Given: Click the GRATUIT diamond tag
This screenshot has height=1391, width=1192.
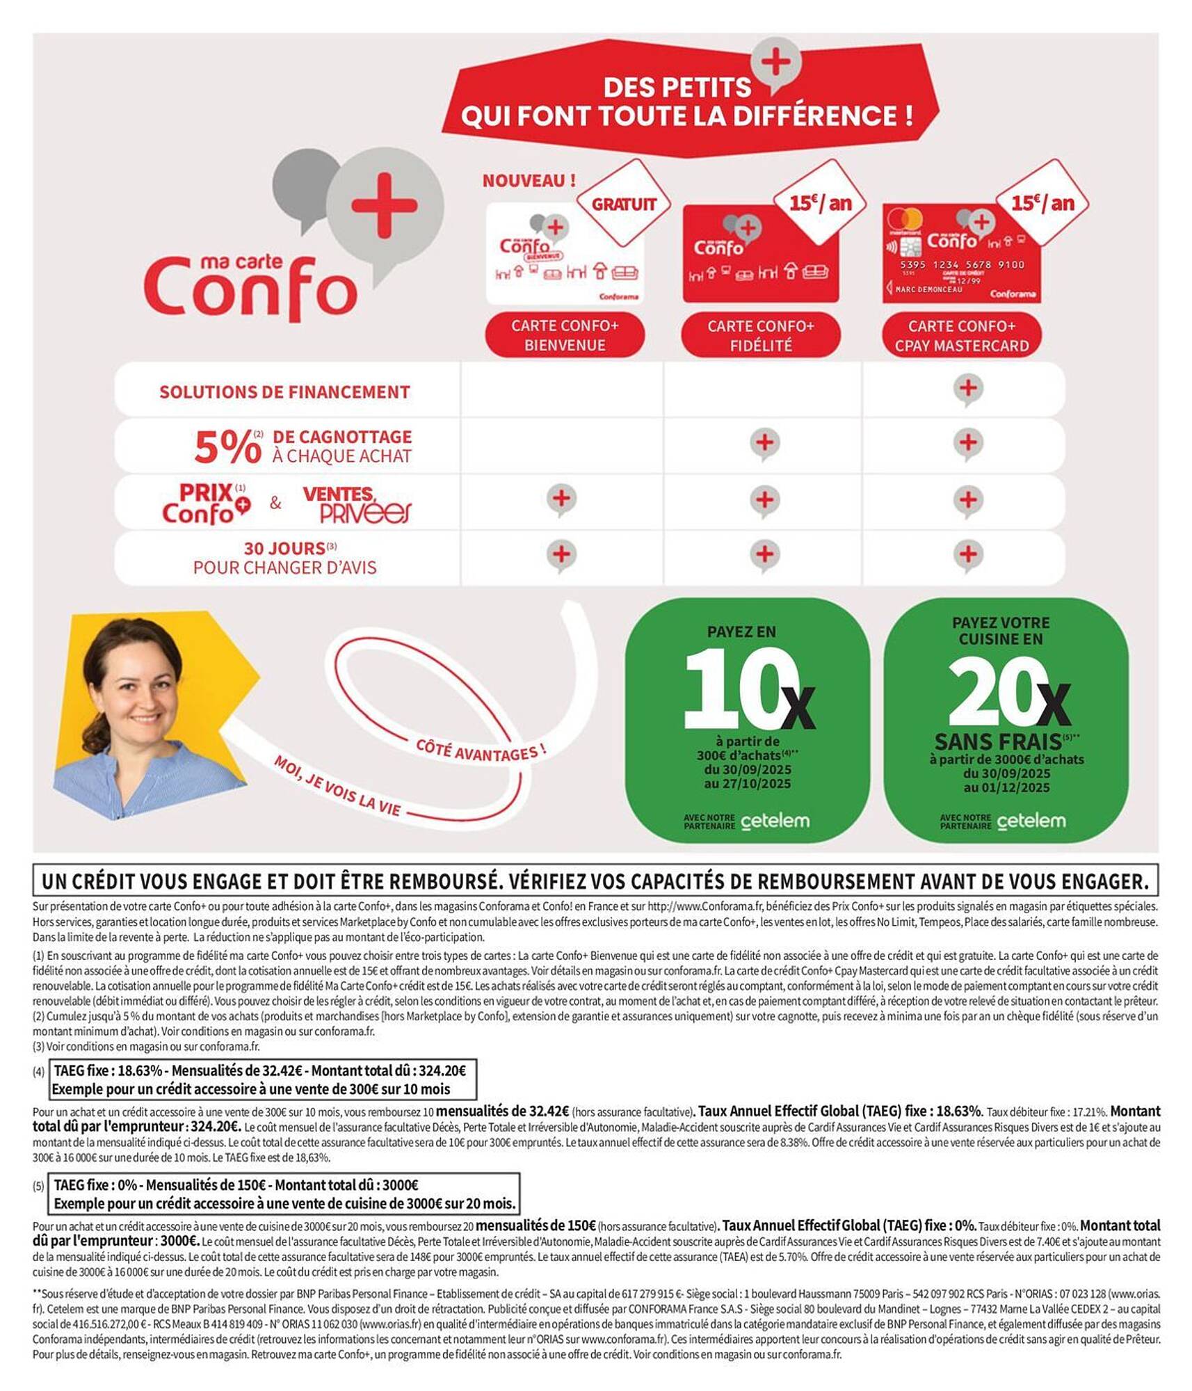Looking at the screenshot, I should coord(623,204).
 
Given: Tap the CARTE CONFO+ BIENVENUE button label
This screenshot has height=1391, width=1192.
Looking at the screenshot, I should coord(565,335).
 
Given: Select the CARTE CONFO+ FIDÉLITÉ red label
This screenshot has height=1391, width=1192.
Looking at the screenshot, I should coord(761,335).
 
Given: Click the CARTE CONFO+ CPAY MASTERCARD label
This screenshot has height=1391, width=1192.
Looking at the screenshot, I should coord(962,335).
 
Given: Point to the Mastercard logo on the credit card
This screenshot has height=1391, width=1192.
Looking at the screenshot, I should coord(905,220).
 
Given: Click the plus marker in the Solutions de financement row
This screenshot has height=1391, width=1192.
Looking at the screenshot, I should coord(968,388).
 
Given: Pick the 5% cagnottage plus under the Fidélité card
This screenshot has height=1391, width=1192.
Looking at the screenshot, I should coord(764,443).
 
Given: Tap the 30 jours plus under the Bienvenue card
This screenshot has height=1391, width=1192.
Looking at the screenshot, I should coord(561,555).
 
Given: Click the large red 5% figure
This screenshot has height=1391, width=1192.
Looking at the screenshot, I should coord(227,447).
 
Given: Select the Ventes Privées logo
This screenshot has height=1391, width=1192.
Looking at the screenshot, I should coord(356,504).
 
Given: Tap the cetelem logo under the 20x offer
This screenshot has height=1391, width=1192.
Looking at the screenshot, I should coord(1031,821).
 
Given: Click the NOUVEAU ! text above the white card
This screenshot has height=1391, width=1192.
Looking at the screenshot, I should coord(529,181).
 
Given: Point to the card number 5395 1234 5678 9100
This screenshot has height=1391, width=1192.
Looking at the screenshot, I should coord(962,265).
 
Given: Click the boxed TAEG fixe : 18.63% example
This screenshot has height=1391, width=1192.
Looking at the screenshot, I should coord(263,1079).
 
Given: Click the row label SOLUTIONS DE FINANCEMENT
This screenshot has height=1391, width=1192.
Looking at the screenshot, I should coord(284,392).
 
